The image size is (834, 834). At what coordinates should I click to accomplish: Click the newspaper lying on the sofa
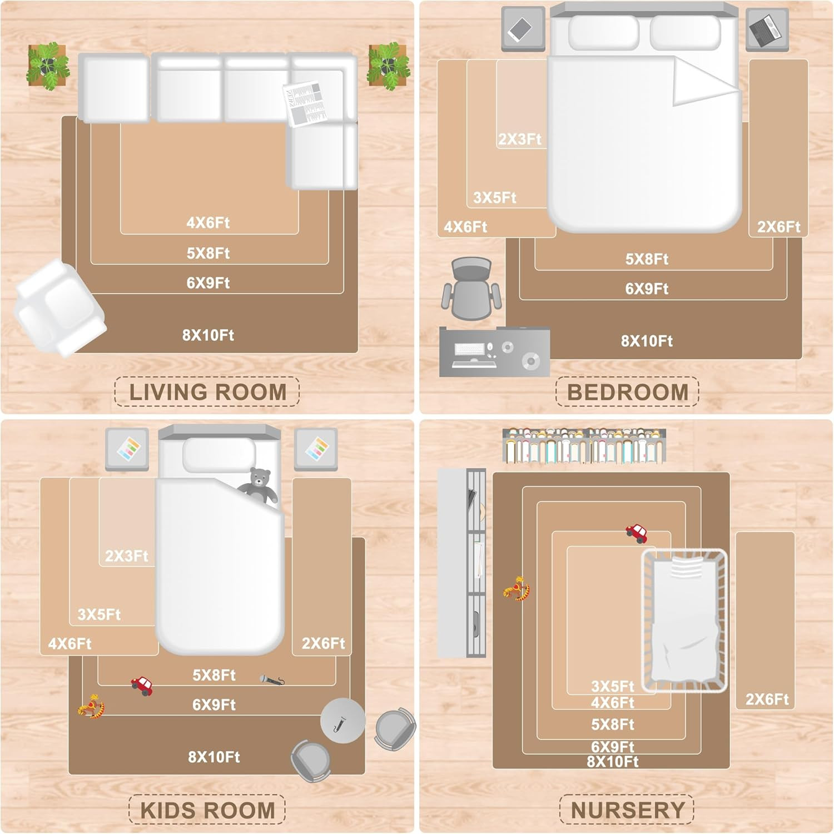click(x=305, y=104)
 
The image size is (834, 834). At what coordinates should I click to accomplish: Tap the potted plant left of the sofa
click(x=48, y=66)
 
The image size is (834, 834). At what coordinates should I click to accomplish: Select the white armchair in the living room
click(x=59, y=307)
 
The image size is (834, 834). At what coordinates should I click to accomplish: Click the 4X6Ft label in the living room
click(x=208, y=223)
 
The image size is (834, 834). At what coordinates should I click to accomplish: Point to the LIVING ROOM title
click(x=208, y=392)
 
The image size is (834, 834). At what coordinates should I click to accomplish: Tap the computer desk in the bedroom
click(x=494, y=351)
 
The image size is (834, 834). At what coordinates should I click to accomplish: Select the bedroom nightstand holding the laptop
click(x=767, y=29)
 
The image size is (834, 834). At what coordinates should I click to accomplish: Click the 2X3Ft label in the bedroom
click(x=519, y=139)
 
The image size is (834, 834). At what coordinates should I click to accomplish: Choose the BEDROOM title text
click(x=627, y=392)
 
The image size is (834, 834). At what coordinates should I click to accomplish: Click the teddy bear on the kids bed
click(x=259, y=486)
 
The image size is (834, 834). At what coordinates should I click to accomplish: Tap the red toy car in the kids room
click(x=142, y=686)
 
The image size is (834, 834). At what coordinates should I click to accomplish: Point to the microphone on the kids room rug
click(x=272, y=679)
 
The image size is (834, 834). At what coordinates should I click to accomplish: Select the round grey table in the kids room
click(x=342, y=721)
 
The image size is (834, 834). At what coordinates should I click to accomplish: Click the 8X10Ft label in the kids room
click(x=214, y=757)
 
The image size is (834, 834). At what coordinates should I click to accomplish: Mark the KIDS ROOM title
click(x=207, y=810)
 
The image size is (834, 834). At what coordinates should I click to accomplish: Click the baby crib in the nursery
click(x=684, y=620)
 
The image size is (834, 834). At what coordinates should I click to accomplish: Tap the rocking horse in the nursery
click(x=517, y=589)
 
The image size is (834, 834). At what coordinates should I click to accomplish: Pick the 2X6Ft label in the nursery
click(x=767, y=699)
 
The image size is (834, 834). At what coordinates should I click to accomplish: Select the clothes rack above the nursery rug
click(x=584, y=446)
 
